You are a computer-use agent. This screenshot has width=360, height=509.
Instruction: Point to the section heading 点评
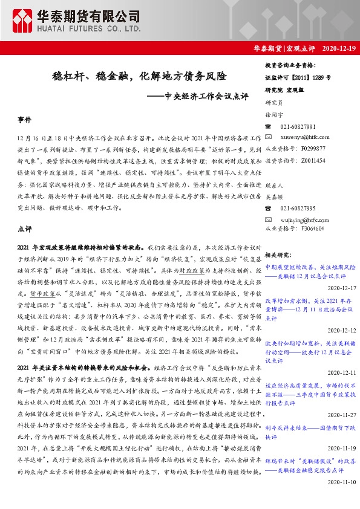[x=25, y=229]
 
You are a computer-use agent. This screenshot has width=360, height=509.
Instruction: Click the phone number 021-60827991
[x=298, y=126]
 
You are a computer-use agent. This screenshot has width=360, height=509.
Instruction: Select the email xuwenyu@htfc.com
[x=303, y=137]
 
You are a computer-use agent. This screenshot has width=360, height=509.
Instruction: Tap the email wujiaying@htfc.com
[x=304, y=219]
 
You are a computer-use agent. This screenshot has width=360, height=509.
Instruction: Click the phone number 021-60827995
[x=298, y=208]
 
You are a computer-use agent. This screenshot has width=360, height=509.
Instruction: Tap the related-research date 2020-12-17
[x=343, y=288]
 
